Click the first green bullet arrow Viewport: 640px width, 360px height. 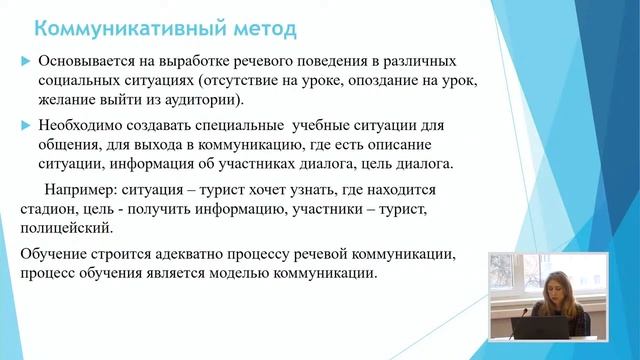26,62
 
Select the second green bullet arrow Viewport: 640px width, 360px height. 26,126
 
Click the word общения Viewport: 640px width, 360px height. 70,145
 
